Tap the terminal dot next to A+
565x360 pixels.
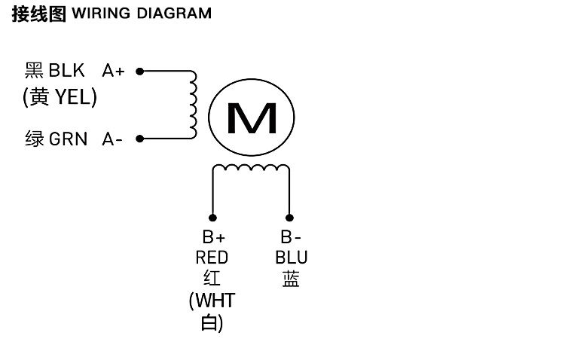pyautogui.click(x=139, y=72)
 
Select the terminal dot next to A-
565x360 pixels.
pyautogui.click(x=139, y=139)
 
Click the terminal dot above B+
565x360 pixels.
pyautogui.click(x=213, y=214)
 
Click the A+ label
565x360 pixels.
pyautogui.click(x=114, y=72)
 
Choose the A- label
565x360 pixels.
pyautogui.click(x=112, y=139)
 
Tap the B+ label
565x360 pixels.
pyautogui.click(x=213, y=238)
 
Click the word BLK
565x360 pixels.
pyautogui.click(x=69, y=72)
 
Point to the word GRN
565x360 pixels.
pyautogui.click(x=69, y=139)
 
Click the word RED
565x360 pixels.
pyautogui.click(x=212, y=258)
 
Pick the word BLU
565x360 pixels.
pyautogui.click(x=291, y=258)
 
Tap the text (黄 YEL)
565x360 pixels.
pyautogui.click(x=60, y=97)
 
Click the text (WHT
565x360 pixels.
pyautogui.click(x=212, y=301)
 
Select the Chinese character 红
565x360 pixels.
pyautogui.click(x=212, y=279)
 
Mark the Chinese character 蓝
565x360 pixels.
pyautogui.click(x=291, y=279)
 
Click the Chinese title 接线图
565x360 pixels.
pyautogui.click(x=38, y=14)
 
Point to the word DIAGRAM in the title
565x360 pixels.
pyautogui.click(x=174, y=14)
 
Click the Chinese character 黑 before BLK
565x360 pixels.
pyautogui.click(x=34, y=72)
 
